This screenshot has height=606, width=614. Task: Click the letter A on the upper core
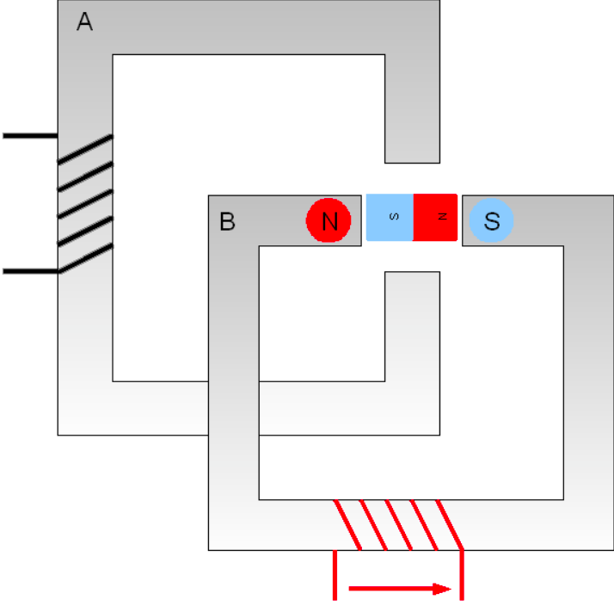(84, 22)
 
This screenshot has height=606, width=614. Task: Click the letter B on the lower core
(228, 221)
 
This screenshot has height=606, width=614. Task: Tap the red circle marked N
(328, 220)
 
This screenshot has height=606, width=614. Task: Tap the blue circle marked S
(491, 220)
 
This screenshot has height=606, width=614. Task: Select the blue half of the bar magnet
(390, 217)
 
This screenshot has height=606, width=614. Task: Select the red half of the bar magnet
(435, 217)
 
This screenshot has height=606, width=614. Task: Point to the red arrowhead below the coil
(442, 589)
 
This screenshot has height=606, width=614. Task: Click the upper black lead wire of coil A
(31, 136)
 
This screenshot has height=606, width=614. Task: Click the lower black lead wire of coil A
(31, 271)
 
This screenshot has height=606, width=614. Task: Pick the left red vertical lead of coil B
(335, 575)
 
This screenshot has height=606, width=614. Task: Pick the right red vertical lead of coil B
(462, 575)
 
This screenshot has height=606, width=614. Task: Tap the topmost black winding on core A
(85, 149)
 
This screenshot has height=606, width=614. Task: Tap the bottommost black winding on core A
(85, 258)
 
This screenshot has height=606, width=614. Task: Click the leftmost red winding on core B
(347, 525)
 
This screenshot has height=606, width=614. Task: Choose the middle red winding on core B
(399, 525)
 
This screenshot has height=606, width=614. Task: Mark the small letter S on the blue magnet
(395, 216)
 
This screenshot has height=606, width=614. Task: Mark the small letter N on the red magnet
(442, 216)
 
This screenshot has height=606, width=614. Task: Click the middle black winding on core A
(85, 204)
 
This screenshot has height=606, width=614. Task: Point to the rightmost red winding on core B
(450, 525)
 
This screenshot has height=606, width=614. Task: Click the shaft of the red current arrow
(390, 589)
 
